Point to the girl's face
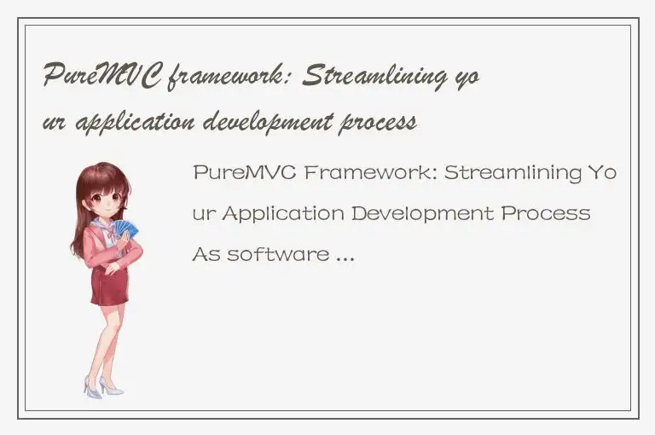(107, 199)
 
